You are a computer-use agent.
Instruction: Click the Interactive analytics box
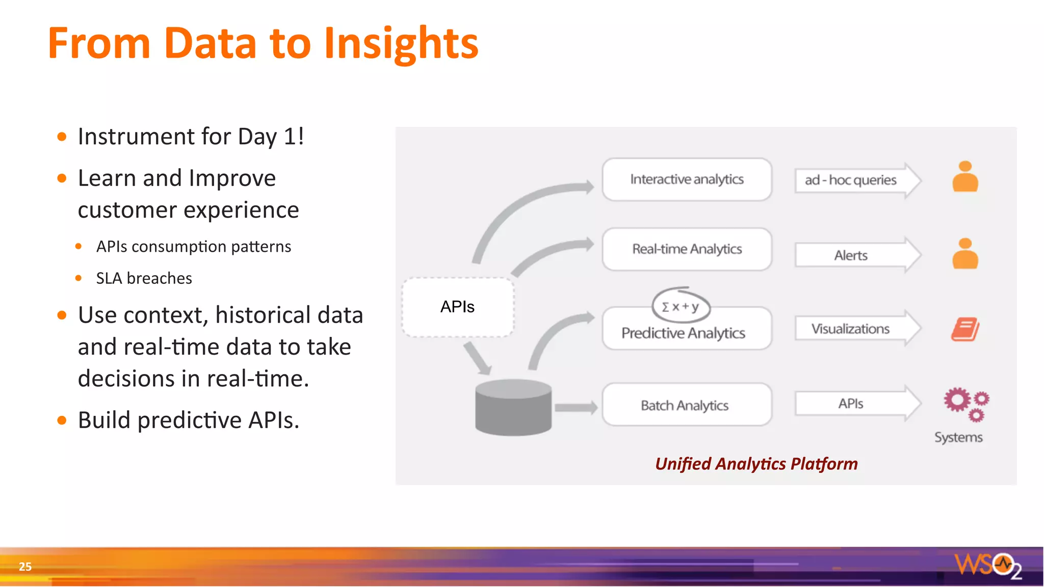687,179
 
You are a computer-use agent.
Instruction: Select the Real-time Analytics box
687,249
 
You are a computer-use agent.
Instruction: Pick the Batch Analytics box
687,405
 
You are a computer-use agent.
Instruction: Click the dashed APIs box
457,307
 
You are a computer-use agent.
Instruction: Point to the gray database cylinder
513,408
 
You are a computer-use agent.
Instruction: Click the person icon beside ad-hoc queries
965,177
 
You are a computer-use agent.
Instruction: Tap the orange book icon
964,329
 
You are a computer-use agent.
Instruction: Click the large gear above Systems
957,400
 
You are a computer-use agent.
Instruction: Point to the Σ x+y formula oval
681,306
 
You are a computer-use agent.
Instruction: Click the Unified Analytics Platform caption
756,464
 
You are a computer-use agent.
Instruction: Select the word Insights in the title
401,44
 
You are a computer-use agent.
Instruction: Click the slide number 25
25,566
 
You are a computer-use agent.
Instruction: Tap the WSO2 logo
987,565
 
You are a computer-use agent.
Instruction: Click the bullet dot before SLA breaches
79,278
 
